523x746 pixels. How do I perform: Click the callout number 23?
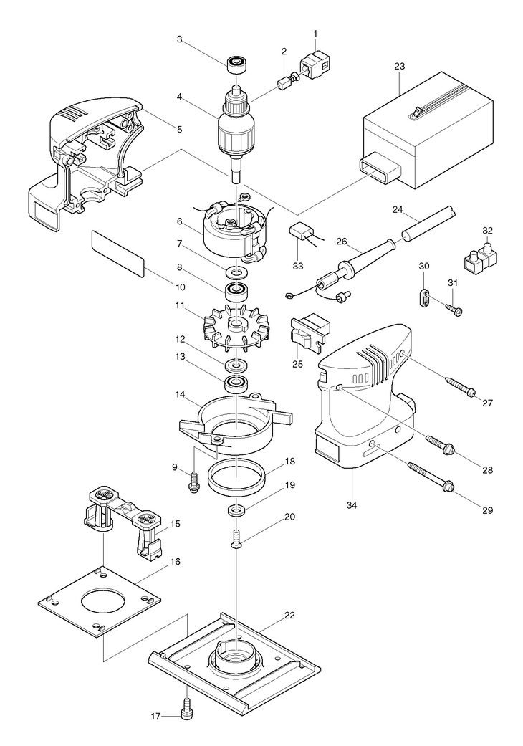(x=399, y=66)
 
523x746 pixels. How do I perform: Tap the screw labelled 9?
(x=193, y=483)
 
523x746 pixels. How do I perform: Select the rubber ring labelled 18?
(x=236, y=479)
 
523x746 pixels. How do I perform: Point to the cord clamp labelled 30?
(x=425, y=297)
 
